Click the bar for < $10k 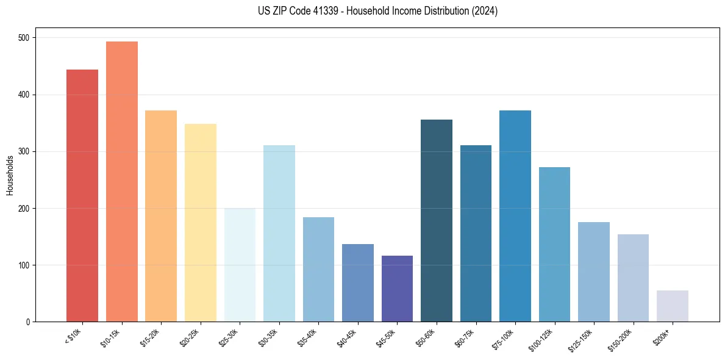click(x=82, y=195)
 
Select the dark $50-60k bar click(x=437, y=220)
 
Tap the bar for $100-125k click(x=554, y=244)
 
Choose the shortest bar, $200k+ click(x=673, y=306)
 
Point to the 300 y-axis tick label click(x=24, y=151)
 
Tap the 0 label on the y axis click(x=28, y=322)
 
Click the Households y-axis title click(x=10, y=175)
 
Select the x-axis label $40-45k click(x=346, y=337)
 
